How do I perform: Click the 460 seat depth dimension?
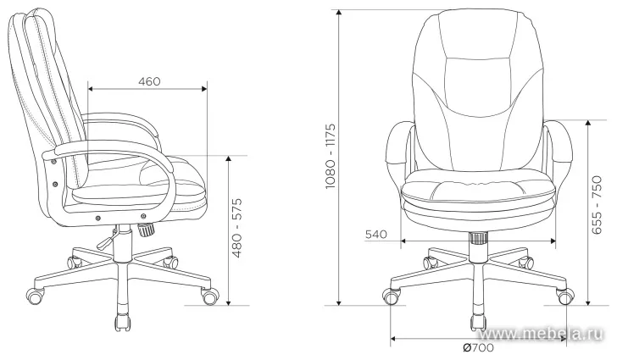(149, 81)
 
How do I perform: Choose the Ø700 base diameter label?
(479, 348)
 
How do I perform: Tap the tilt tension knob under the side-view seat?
(146, 229)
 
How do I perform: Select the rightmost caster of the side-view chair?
(208, 296)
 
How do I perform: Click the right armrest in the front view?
(556, 148)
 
